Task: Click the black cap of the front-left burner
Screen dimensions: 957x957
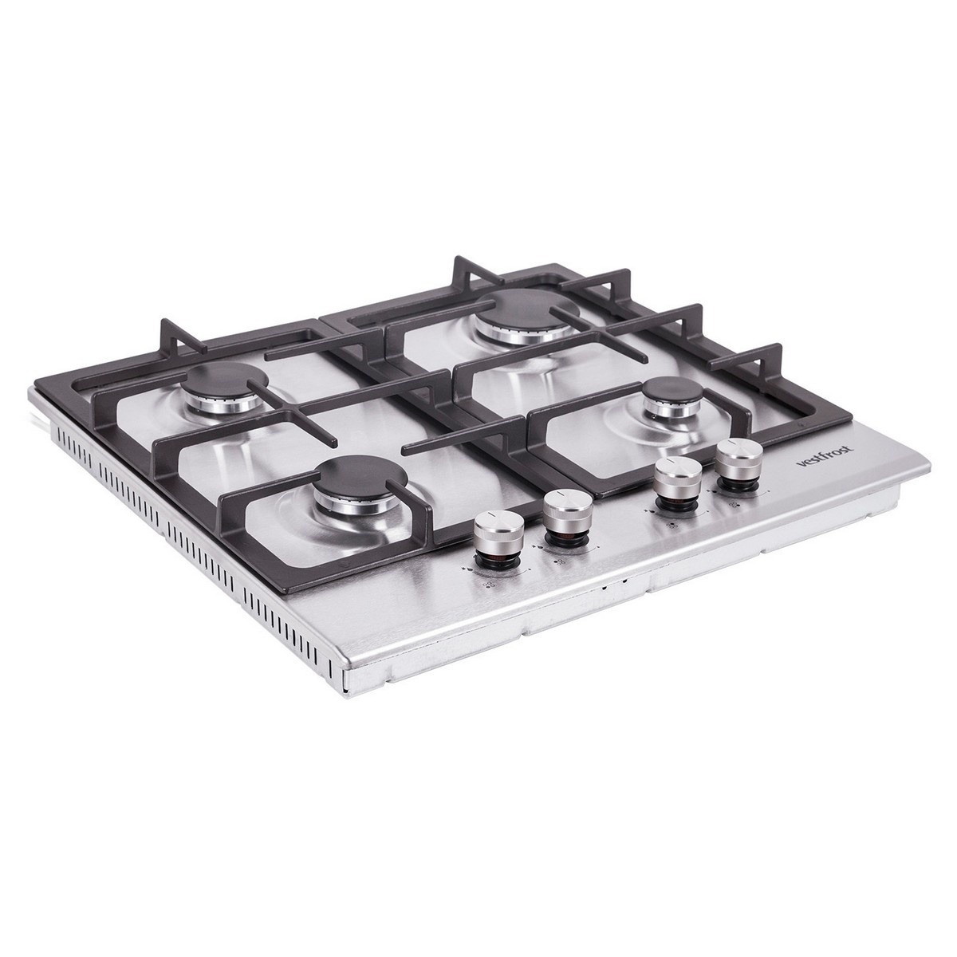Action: pyautogui.click(x=360, y=478)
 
